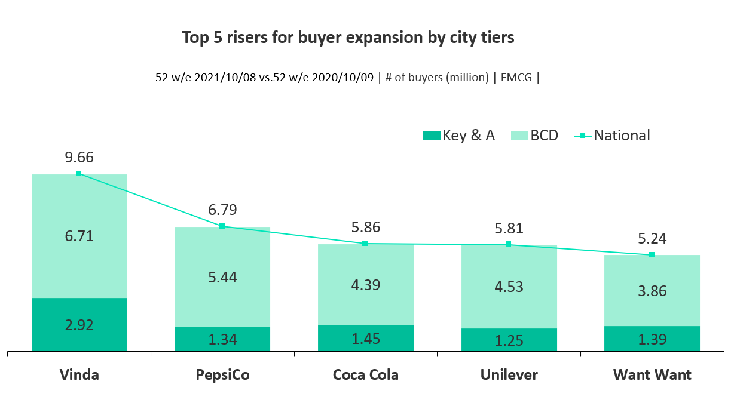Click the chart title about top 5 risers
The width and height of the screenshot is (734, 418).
coord(348,38)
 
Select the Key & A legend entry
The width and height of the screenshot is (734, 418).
coord(459,136)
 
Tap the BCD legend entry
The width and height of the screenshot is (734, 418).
coord(535,136)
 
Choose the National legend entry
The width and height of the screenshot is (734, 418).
coord(613,136)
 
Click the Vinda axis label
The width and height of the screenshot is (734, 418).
coord(79,375)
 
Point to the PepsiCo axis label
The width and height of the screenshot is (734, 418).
coord(222,375)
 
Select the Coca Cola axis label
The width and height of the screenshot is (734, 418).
coord(365,375)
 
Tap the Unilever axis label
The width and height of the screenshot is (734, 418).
coord(509,375)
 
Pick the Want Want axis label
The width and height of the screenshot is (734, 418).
coord(652,375)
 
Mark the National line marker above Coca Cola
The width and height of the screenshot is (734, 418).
coord(365,244)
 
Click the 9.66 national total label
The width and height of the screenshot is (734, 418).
coord(79,158)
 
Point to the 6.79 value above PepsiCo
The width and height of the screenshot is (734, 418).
coord(222,210)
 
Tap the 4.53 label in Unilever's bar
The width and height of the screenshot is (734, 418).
coord(509,287)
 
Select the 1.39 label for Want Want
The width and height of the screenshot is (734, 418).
coord(652,340)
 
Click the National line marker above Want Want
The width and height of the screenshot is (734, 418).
coord(652,255)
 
